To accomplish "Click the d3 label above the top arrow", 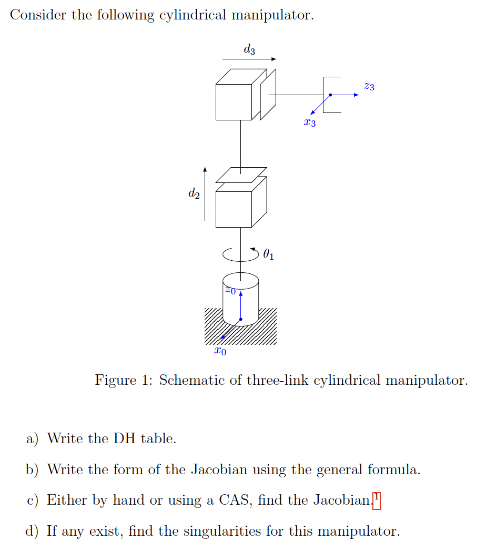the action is [249, 50].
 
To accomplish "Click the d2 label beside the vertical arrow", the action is [194, 193].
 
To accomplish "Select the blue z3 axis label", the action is [369, 86].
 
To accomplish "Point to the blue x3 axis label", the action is [310, 123].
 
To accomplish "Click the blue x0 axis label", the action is [221, 351].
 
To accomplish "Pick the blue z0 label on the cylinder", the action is [230, 290].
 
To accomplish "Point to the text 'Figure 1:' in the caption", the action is [123, 380].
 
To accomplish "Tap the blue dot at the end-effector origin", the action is [330, 95].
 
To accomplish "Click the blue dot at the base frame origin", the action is [240, 319].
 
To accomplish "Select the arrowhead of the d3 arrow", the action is [274, 59].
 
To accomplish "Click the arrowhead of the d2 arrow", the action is [205, 169].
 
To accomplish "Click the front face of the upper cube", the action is [234, 101].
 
